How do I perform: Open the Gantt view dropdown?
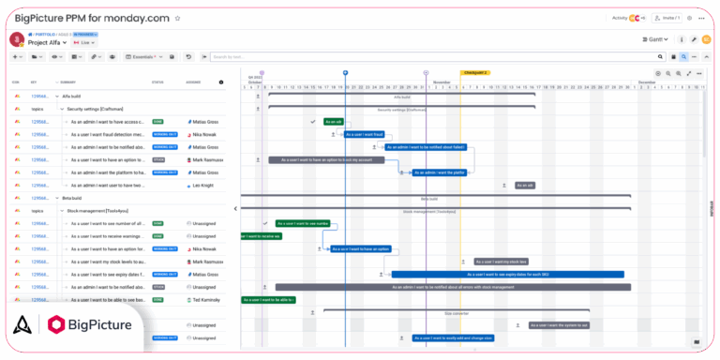click(x=656, y=39)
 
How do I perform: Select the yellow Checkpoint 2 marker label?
click(x=474, y=72)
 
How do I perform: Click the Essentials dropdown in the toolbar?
click(x=145, y=56)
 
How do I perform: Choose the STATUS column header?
click(x=157, y=82)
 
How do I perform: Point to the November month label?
click(x=442, y=82)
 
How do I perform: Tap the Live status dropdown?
click(x=86, y=42)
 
